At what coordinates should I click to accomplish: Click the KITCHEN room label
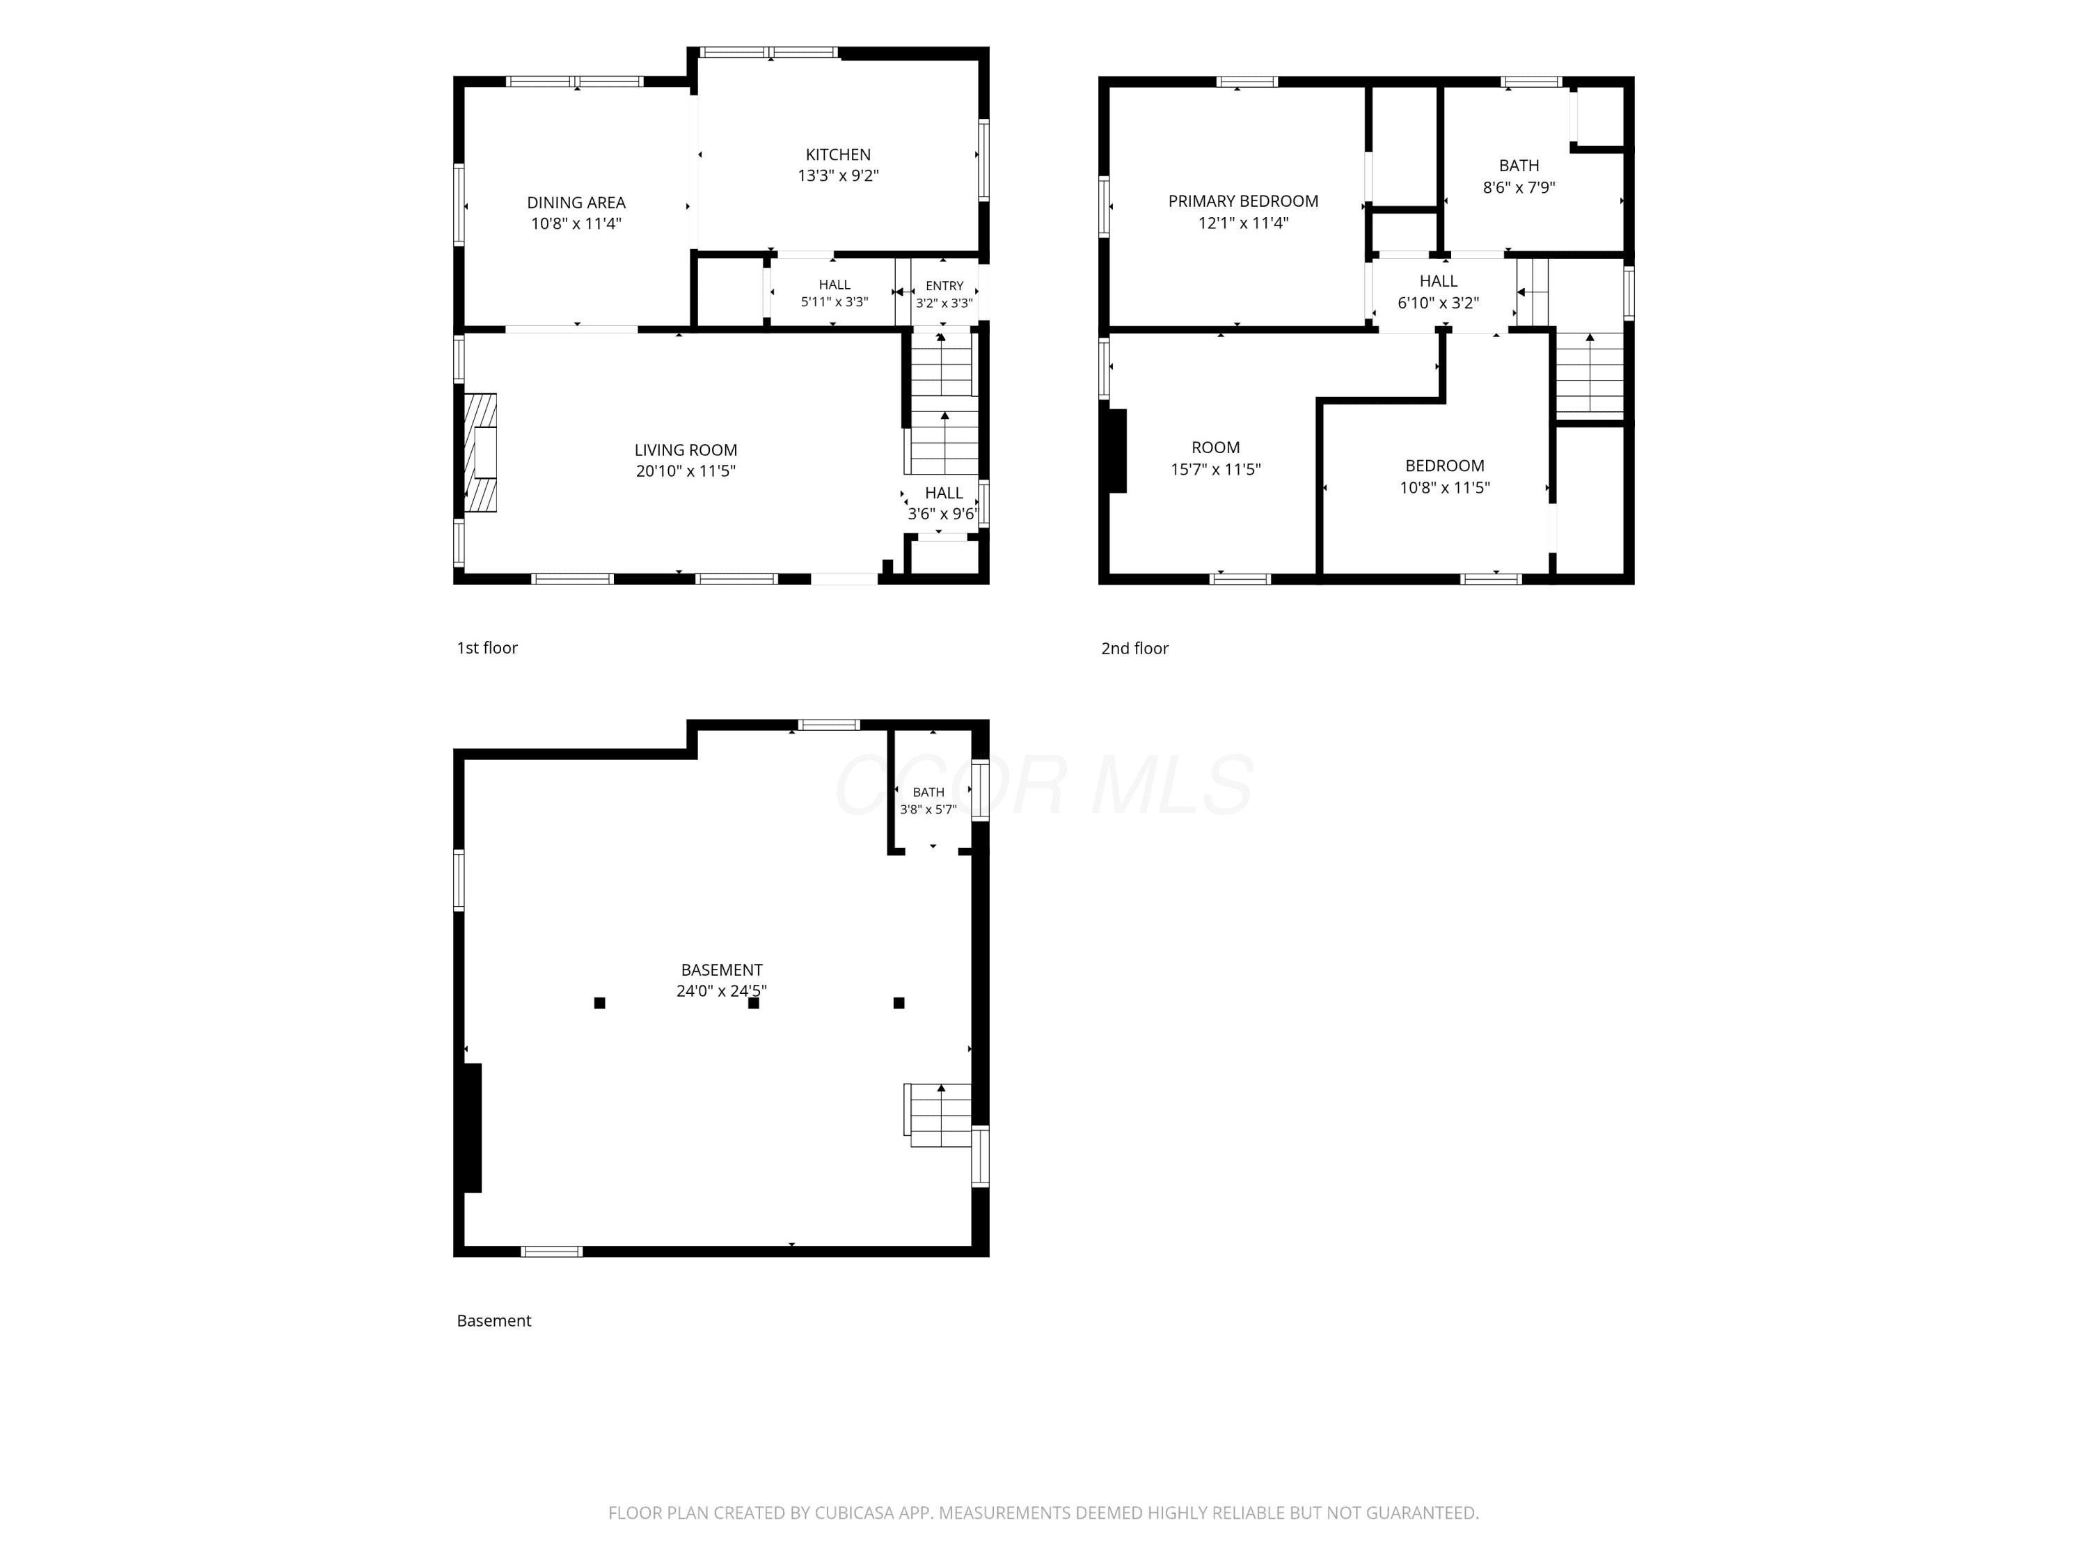click(x=838, y=155)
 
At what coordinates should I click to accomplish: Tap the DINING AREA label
click(x=576, y=203)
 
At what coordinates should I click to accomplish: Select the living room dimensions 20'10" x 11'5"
click(x=686, y=471)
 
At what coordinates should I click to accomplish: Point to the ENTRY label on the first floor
click(x=944, y=286)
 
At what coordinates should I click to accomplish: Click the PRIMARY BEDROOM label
click(x=1243, y=201)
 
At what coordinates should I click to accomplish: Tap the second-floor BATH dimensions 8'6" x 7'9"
click(x=1519, y=188)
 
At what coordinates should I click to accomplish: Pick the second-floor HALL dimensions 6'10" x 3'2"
click(x=1438, y=303)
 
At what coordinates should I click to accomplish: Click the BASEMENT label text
click(x=721, y=970)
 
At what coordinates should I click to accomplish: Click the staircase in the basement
click(x=938, y=1115)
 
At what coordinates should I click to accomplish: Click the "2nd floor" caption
click(x=1134, y=649)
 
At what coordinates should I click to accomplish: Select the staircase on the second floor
click(x=1590, y=374)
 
